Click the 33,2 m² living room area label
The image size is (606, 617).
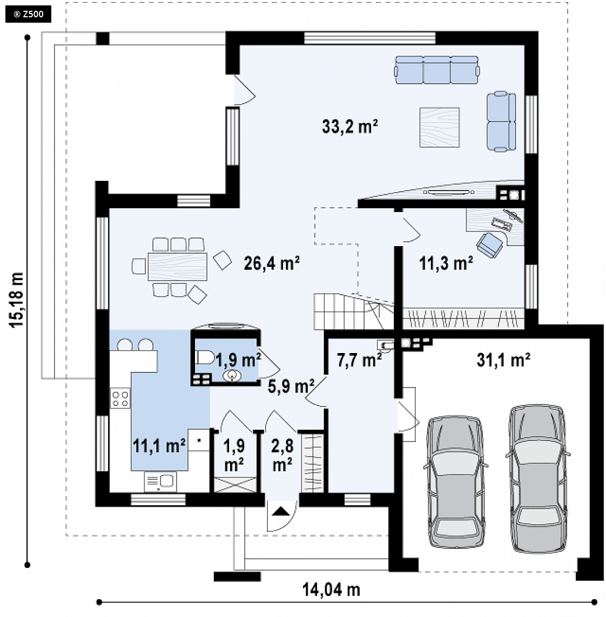350,126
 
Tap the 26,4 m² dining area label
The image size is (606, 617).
272,263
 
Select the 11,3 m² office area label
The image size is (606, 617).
446,263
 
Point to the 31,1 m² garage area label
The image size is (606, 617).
503,360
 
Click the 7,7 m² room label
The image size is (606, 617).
359,360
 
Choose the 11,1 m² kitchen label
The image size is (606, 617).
159,446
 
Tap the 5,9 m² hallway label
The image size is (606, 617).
291,386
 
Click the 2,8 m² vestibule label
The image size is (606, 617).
282,455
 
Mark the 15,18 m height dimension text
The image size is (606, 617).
17,300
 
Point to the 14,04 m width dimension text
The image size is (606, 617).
331,589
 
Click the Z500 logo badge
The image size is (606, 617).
28,15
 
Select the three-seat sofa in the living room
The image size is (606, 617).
437,70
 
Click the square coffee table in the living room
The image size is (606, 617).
440,127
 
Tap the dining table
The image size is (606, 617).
178,267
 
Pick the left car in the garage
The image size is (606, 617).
456,482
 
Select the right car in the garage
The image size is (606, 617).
538,478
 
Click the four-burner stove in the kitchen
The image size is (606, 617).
120,398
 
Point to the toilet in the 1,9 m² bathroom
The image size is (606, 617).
205,358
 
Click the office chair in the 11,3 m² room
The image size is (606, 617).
489,245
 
